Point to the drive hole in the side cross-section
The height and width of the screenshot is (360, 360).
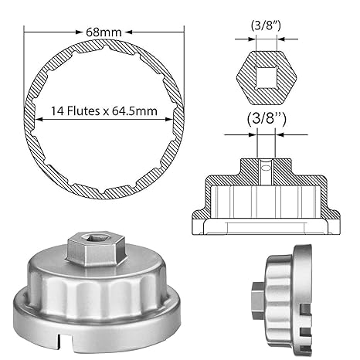click(263, 165)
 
